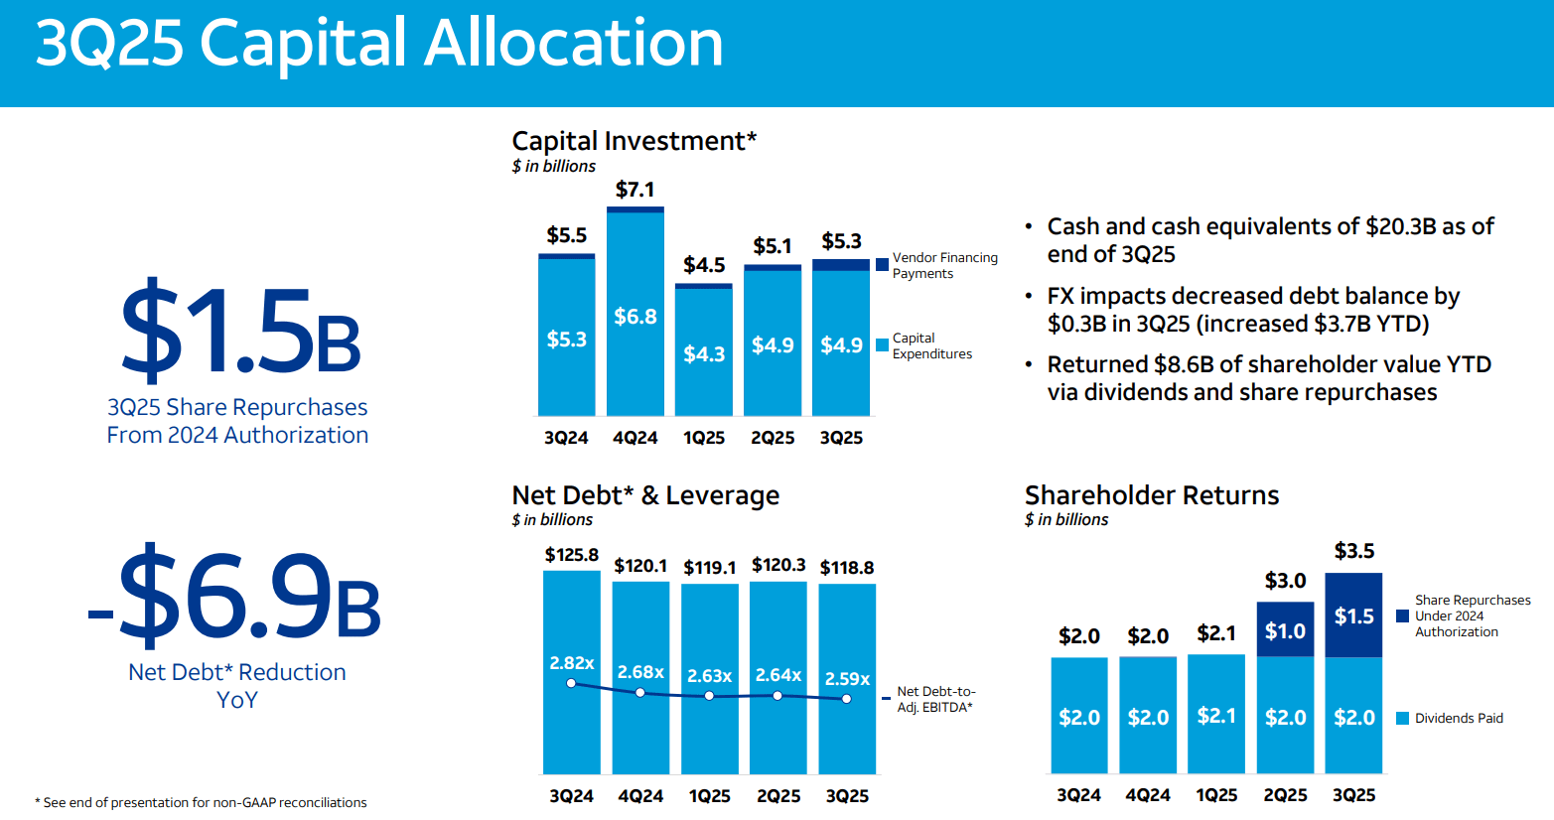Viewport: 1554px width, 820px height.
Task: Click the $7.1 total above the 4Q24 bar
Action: coord(635,190)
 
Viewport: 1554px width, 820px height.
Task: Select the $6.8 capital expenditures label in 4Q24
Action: coord(636,317)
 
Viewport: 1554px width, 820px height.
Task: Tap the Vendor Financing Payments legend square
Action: coord(882,264)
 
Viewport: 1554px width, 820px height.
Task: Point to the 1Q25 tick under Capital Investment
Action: coord(704,438)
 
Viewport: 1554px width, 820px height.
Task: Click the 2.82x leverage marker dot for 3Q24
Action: coord(571,683)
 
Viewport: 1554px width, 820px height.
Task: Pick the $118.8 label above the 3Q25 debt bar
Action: coord(847,568)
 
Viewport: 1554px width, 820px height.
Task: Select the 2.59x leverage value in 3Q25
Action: coord(847,679)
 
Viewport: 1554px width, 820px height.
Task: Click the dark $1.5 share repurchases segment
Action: coord(1353,615)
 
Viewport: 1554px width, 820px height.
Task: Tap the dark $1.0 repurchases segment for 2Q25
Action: coord(1285,630)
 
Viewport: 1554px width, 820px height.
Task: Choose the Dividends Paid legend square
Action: coord(1403,718)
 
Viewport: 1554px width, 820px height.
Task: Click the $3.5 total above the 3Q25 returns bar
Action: coord(1353,551)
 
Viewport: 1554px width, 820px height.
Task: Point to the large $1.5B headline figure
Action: coord(239,332)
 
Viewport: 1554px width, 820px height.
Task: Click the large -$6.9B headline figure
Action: coord(234,596)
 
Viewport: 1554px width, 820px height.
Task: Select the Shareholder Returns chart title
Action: coord(1152,495)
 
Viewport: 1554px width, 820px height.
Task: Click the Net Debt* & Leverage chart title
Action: coord(645,495)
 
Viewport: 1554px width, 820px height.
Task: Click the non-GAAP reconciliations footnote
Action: coord(202,802)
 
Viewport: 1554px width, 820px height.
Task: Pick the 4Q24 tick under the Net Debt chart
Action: coord(640,796)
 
